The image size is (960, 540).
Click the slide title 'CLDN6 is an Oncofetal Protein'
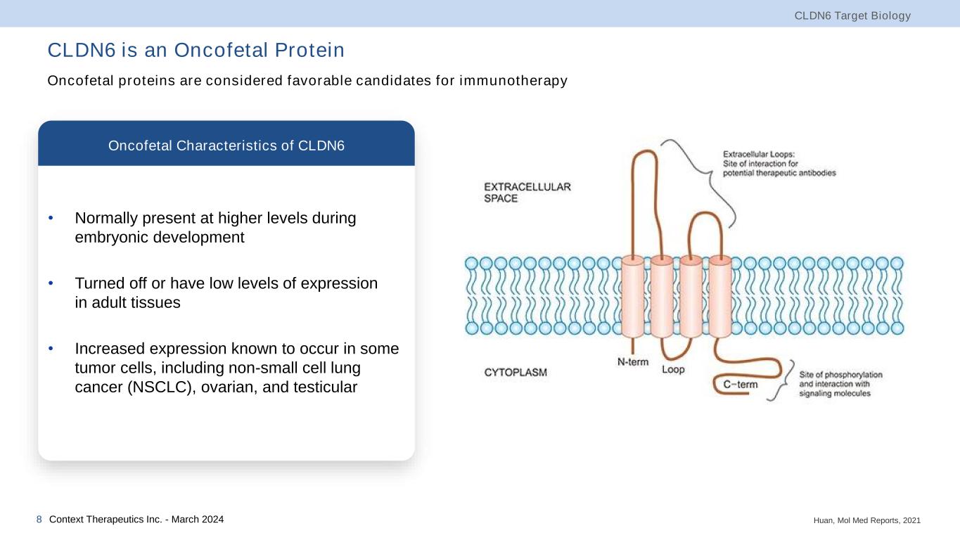[x=196, y=50]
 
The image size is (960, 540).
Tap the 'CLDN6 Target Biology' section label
[x=852, y=16]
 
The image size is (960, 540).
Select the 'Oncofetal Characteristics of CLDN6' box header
[x=226, y=146]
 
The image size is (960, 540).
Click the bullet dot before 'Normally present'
[x=51, y=218]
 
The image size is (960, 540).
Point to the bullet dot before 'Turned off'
[x=51, y=283]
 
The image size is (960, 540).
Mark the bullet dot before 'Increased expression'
[x=51, y=349]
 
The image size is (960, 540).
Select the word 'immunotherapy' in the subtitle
[x=513, y=81]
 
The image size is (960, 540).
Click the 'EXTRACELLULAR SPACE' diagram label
[x=527, y=193]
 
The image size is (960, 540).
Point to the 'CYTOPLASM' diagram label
[x=516, y=373]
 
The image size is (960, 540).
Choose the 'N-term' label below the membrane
[x=632, y=362]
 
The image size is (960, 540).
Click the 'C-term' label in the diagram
[x=740, y=385]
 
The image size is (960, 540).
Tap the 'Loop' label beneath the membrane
[x=673, y=369]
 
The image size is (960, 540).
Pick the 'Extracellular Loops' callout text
[x=779, y=164]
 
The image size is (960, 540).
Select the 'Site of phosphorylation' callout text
[x=840, y=384]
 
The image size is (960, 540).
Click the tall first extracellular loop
[x=644, y=151]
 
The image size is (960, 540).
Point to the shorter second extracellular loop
[x=705, y=213]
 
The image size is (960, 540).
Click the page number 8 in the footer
[x=39, y=520]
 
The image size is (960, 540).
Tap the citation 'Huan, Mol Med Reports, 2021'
[x=867, y=521]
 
